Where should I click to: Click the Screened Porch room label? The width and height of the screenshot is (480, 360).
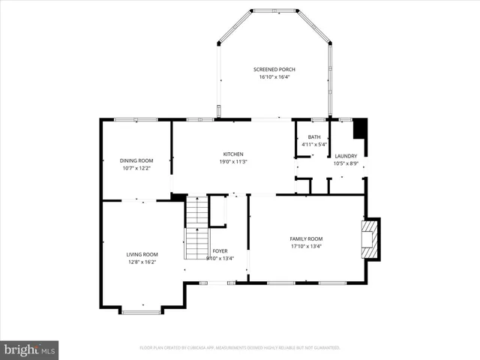[x=274, y=69]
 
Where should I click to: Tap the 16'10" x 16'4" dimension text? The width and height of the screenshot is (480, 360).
[x=274, y=76]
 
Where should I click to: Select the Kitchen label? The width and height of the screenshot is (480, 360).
[x=232, y=154]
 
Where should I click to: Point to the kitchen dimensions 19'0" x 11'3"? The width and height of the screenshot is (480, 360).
[x=232, y=161]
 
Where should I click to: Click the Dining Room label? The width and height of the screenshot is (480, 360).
[x=136, y=160]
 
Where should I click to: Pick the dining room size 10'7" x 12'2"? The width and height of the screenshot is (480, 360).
[x=136, y=167]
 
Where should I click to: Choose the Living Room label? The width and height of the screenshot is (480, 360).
[x=142, y=254]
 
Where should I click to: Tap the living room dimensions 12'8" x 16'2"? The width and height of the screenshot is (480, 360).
[x=142, y=261]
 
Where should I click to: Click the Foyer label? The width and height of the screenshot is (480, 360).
[x=220, y=251]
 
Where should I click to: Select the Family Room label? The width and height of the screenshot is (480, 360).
[x=306, y=238]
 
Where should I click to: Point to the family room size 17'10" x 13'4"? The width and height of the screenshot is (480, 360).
[x=306, y=245]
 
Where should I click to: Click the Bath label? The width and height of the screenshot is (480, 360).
[x=313, y=137]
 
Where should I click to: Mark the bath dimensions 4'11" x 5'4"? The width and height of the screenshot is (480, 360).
[x=313, y=144]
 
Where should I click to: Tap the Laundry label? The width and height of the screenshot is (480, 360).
[x=346, y=156]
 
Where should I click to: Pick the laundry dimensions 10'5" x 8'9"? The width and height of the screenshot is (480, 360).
[x=346, y=163]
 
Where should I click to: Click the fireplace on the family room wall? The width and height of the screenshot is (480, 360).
[x=370, y=237]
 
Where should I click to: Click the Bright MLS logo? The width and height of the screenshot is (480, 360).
[x=30, y=349]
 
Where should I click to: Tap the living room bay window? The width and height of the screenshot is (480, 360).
[x=140, y=310]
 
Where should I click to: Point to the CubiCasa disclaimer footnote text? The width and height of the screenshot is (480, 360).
[x=240, y=348]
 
